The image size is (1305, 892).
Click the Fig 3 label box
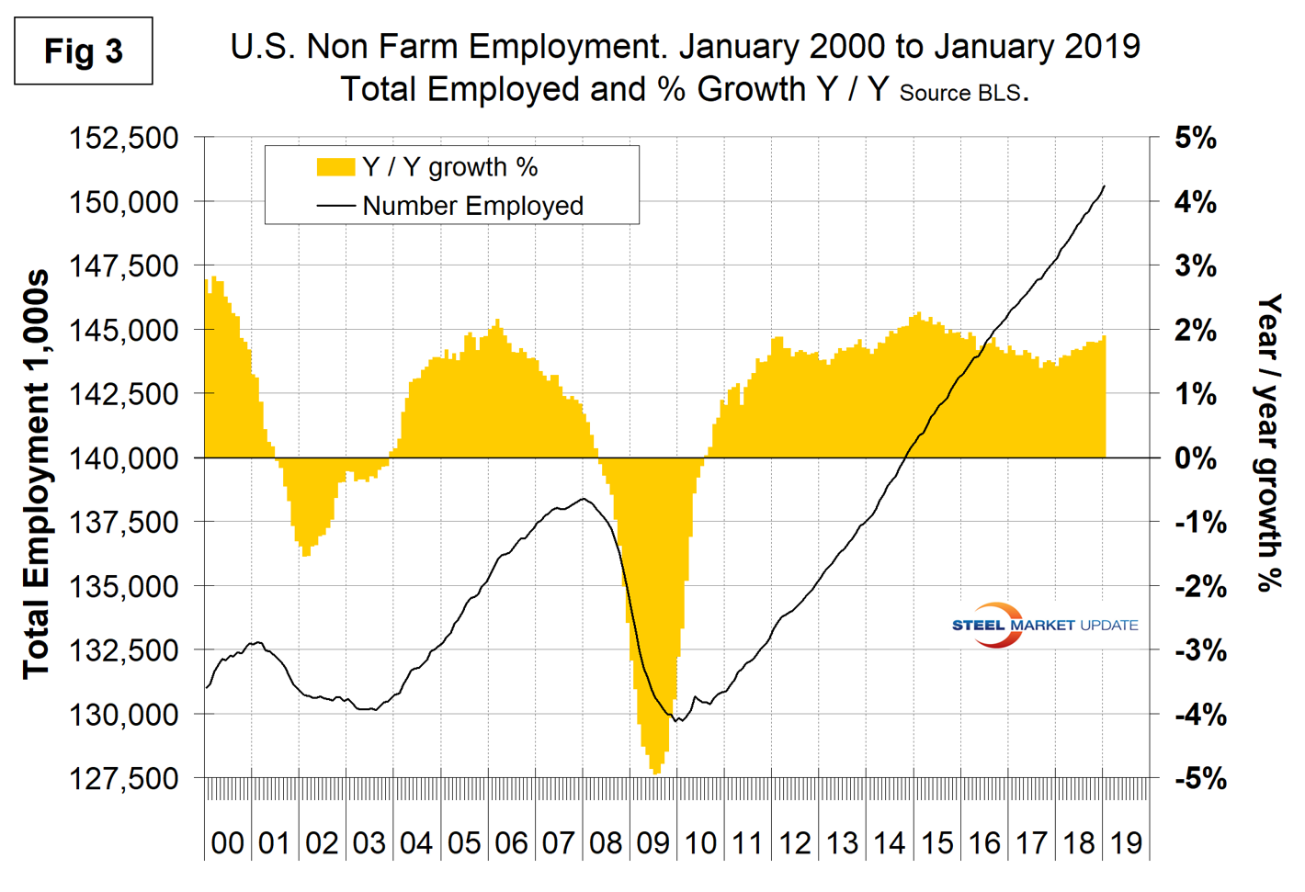click(x=84, y=51)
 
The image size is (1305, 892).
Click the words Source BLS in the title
click(x=960, y=93)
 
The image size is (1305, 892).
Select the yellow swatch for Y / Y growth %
click(x=335, y=167)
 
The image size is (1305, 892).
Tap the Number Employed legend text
click(x=472, y=206)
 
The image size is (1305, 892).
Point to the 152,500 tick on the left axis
click(x=124, y=138)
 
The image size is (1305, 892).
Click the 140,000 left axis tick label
click(x=124, y=457)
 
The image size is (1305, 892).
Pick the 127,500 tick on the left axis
click(x=124, y=778)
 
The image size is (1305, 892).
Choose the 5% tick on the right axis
click(x=1195, y=138)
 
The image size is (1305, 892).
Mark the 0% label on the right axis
click(x=1195, y=457)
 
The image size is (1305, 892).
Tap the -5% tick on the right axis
click(x=1200, y=778)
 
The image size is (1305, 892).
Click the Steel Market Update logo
click(x=1045, y=625)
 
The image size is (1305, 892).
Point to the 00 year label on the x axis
click(x=227, y=842)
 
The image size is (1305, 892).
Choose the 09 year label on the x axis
click(x=653, y=842)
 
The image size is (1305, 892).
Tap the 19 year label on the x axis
click(x=1127, y=842)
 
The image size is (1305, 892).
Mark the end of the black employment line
click(x=1105, y=186)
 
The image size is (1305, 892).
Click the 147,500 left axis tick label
click(x=124, y=265)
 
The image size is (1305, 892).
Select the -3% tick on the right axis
click(x=1200, y=650)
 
